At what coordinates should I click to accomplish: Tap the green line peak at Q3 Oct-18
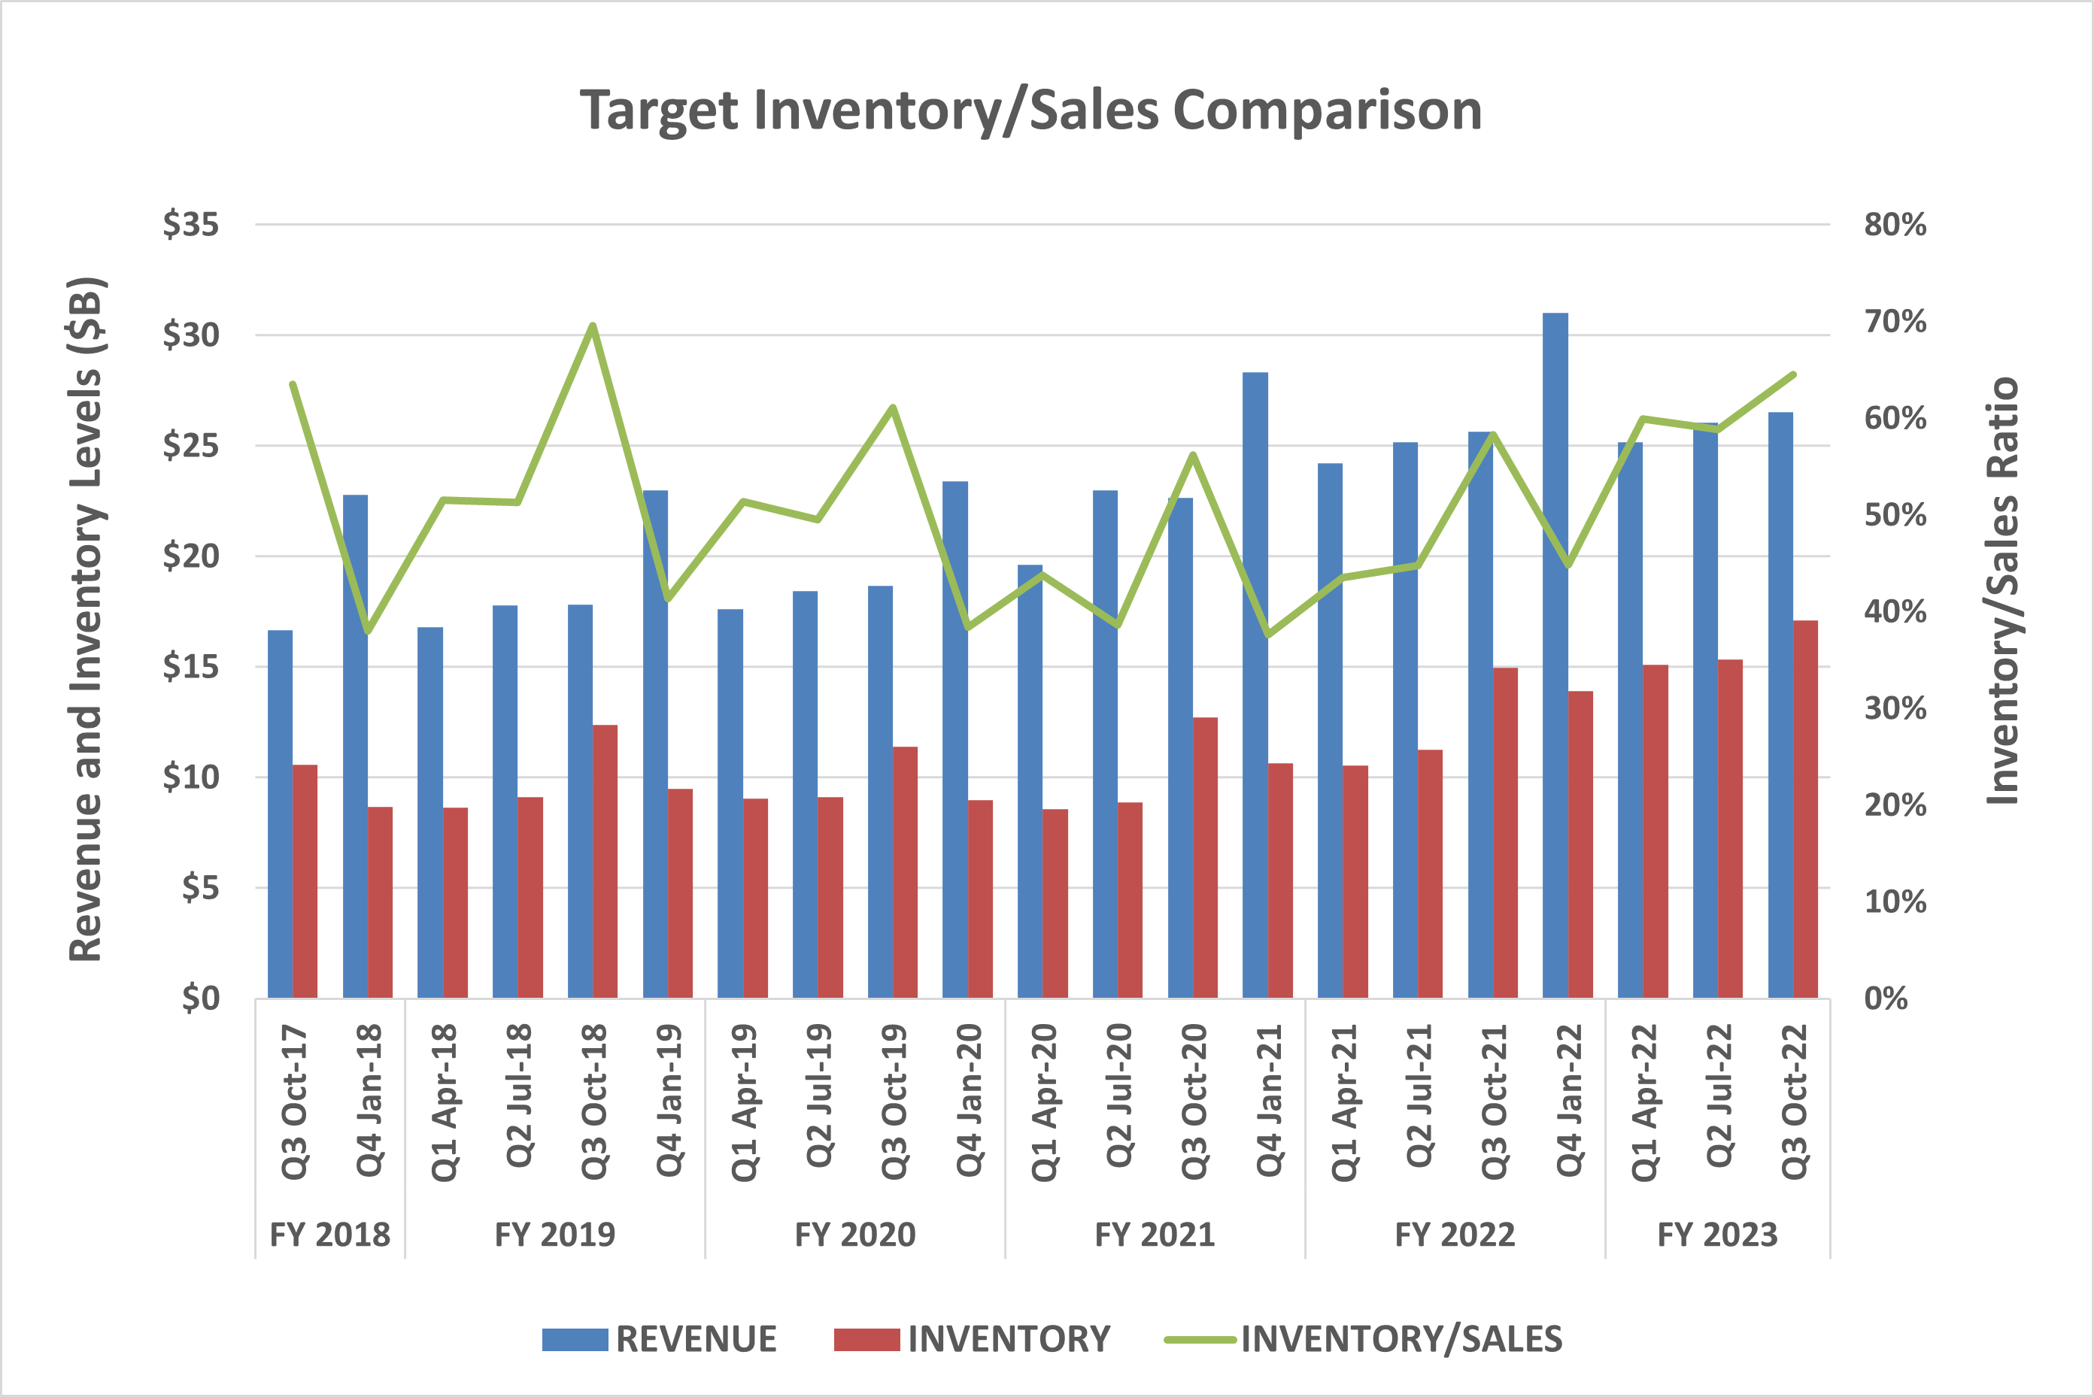(x=593, y=326)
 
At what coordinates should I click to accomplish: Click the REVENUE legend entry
(x=660, y=1339)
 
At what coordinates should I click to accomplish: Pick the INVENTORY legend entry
(x=972, y=1339)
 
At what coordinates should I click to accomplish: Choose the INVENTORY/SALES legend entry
(x=1364, y=1339)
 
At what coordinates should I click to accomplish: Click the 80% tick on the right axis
(x=1895, y=225)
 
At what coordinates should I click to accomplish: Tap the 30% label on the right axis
(x=1895, y=709)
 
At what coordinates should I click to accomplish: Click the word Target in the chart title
(x=660, y=111)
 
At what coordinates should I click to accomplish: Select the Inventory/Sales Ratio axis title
(x=2002, y=589)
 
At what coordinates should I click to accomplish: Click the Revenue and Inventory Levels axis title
(x=86, y=620)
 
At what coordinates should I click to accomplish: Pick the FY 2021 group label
(x=1155, y=1235)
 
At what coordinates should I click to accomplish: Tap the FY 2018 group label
(x=329, y=1235)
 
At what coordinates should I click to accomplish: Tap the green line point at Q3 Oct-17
(x=293, y=385)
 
